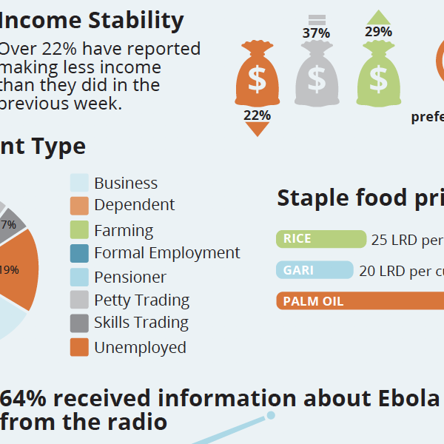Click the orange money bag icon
coord(257,76)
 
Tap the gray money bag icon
coord(317,76)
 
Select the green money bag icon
coord(378,76)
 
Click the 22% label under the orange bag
coord(257,115)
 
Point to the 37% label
coord(316,33)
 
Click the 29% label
coord(378,33)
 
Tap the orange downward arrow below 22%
coord(257,129)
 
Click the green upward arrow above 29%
coord(378,18)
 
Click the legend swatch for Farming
coord(79,230)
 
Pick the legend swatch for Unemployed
coord(79,347)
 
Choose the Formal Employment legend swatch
coord(79,253)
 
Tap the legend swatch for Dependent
coord(79,206)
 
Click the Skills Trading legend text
coord(141,323)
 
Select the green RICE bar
coord(321,239)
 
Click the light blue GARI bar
coord(314,270)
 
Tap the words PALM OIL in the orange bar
coord(313,301)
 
